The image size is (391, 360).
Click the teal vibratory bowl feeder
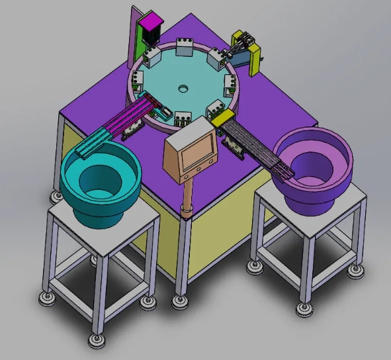99,179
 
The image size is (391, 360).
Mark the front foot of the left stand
96,341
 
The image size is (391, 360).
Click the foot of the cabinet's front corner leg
179,301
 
